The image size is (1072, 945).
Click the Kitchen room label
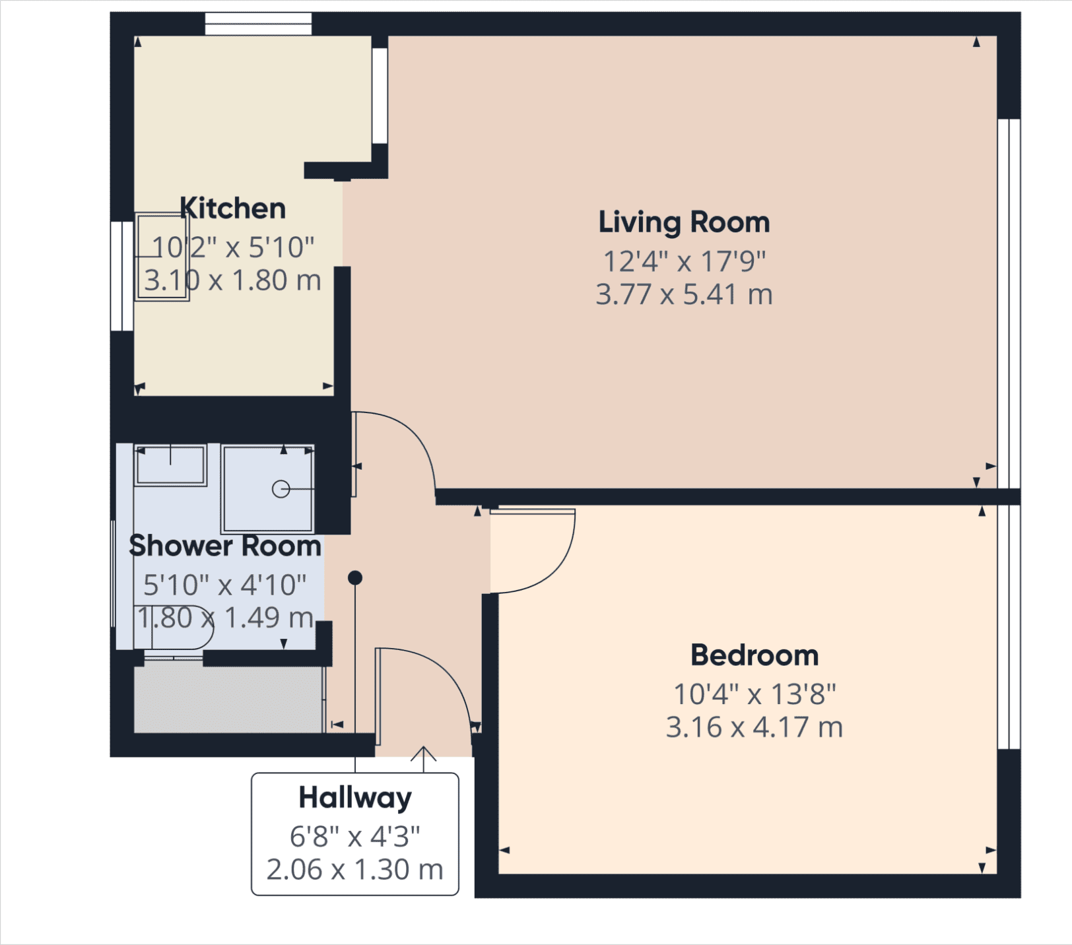point(233,209)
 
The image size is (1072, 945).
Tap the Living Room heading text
point(684,222)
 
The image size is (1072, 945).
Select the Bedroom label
point(754,655)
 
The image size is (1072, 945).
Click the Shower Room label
point(225,546)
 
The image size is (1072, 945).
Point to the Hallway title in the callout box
point(355,798)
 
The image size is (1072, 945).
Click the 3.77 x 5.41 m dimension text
point(684,294)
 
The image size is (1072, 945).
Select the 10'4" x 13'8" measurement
point(754,694)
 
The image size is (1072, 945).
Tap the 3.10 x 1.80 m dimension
point(233,280)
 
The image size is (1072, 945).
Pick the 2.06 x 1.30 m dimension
point(355,870)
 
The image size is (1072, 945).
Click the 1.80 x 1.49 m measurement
point(225,618)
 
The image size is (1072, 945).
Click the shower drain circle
point(281,489)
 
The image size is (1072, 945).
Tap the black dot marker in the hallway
point(355,578)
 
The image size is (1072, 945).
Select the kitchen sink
point(162,257)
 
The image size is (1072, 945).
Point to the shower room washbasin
point(170,465)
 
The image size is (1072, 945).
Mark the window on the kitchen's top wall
point(258,24)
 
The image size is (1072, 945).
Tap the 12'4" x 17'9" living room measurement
point(684,261)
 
